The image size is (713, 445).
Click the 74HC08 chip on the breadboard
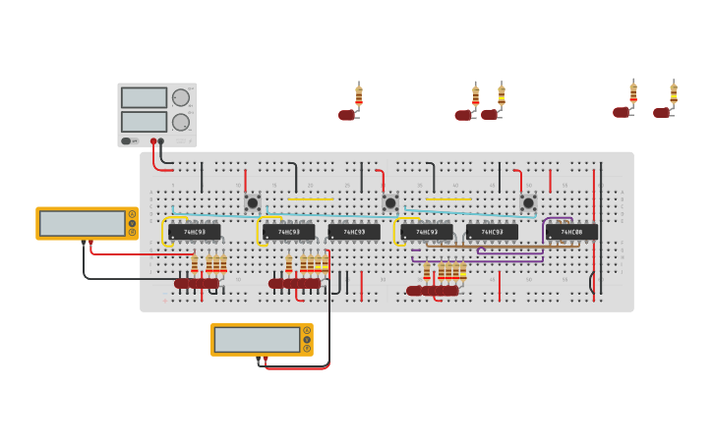pos(571,232)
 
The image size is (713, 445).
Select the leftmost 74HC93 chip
pos(194,232)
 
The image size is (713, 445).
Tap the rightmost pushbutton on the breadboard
pos(528,203)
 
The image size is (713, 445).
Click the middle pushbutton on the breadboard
pos(390,203)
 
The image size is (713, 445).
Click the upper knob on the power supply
pos(181,97)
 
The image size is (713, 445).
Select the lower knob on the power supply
pos(181,122)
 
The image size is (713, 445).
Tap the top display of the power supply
pos(144,97)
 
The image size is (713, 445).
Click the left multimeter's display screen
pos(82,223)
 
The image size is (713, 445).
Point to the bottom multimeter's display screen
pos(257,339)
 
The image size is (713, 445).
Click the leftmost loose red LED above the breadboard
pos(346,115)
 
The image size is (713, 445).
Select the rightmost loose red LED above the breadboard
pos(661,113)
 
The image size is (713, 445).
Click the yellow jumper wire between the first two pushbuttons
pos(312,198)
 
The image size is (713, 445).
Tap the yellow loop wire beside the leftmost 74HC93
pos(164,230)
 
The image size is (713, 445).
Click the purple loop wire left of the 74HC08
pos(544,229)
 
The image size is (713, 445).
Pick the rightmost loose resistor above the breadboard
pos(674,94)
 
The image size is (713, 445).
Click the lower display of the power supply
pos(144,122)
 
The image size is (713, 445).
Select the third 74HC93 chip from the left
pos(354,232)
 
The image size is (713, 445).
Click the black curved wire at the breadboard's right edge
pos(591,283)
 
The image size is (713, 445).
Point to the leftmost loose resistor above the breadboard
pos(359,95)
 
